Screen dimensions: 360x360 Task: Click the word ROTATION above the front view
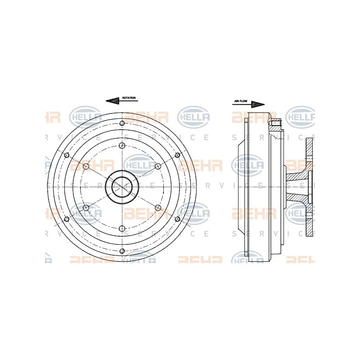point(129,98)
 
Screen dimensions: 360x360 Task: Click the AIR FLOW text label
point(241,102)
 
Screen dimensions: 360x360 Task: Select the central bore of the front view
point(121,186)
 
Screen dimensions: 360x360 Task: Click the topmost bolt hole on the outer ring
point(121,123)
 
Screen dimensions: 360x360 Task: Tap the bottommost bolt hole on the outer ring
point(121,250)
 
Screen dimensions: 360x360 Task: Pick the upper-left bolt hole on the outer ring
point(67,155)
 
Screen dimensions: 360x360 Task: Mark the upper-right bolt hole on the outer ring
point(177,155)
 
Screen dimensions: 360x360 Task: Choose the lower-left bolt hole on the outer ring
point(67,219)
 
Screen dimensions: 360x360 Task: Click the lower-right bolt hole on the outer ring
point(177,219)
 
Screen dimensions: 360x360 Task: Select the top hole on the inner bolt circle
point(121,145)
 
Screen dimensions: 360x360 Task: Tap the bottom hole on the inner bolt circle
point(121,229)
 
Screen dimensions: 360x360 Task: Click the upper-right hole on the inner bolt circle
point(157,166)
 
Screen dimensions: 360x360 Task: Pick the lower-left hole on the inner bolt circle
point(85,207)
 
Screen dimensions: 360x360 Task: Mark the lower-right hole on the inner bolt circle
point(157,207)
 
